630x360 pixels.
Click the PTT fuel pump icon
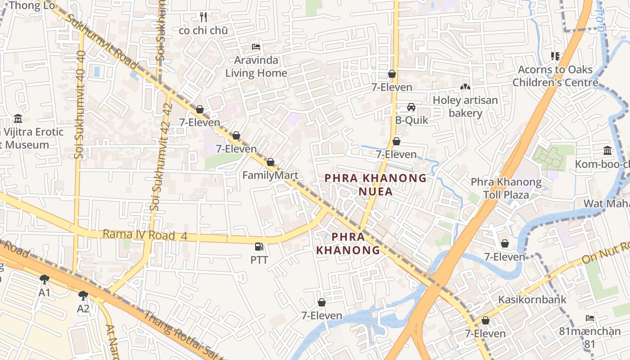259,247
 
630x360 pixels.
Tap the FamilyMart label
270,175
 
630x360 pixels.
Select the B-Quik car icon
411,107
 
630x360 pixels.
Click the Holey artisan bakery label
465,107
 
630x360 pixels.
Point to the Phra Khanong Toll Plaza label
506,189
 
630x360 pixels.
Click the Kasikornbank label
532,300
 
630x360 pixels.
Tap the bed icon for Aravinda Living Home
256,47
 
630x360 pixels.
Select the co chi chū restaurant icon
203,17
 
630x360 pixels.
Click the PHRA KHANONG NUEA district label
375,185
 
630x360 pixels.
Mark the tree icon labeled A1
44,279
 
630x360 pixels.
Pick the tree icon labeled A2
83,296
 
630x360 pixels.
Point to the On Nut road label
605,254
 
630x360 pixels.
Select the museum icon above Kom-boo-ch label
607,150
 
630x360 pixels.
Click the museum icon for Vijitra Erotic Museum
18,119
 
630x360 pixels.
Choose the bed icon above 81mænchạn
590,318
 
